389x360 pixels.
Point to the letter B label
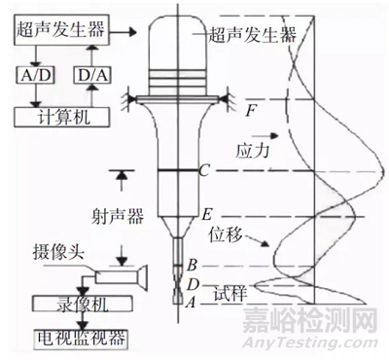(x=193, y=265)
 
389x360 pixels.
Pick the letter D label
(x=193, y=282)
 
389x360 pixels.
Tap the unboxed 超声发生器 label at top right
(x=256, y=35)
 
